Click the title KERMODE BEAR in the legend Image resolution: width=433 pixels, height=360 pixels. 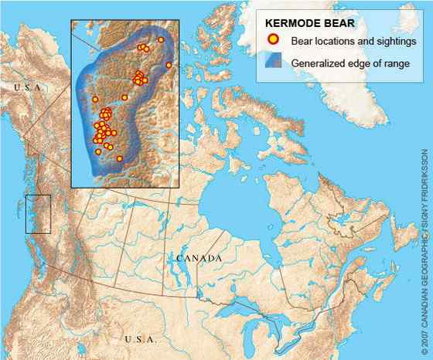300,23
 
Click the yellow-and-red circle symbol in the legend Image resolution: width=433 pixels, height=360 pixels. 271,40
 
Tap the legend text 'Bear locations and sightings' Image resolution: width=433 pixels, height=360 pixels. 343,40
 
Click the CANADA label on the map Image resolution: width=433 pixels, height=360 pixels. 199,257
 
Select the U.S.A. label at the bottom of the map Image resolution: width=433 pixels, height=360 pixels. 140,338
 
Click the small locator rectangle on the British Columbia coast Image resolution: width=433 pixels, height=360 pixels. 38,214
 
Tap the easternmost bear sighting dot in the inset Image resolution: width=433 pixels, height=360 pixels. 169,66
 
